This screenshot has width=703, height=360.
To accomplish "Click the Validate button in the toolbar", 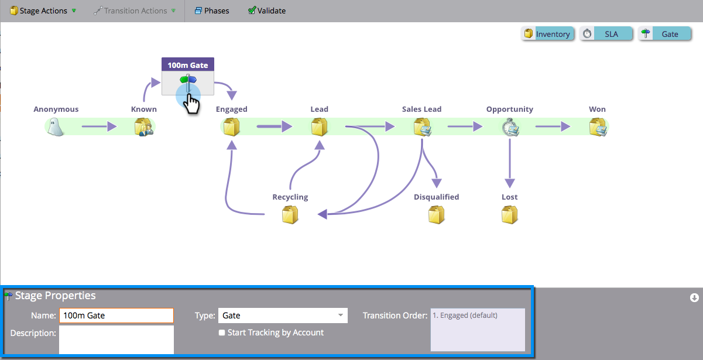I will (x=267, y=11).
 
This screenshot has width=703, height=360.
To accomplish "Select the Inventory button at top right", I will (x=547, y=34).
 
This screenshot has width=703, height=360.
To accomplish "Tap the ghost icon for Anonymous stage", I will (x=56, y=126).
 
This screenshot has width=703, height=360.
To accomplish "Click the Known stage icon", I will (x=143, y=126).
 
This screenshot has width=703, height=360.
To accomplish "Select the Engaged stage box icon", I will (x=232, y=126).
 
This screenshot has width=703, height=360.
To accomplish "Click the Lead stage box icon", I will (x=319, y=126).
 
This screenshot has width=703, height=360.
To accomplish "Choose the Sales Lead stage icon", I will (x=422, y=126).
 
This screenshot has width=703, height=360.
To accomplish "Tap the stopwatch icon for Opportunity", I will (x=509, y=126).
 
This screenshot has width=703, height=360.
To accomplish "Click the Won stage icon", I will (x=598, y=126).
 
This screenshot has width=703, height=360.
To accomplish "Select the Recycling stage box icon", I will (x=290, y=215).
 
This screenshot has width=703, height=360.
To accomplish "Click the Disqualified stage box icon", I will (x=436, y=215).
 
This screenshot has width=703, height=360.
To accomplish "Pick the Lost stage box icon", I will (x=509, y=215).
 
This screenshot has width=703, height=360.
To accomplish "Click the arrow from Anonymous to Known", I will (x=99, y=126).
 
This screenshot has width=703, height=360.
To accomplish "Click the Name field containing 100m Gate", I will (x=116, y=316).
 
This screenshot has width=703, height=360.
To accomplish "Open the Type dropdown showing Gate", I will (x=283, y=316).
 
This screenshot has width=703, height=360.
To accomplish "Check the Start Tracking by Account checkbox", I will (x=222, y=332).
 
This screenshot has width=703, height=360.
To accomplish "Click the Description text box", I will (x=116, y=340).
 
